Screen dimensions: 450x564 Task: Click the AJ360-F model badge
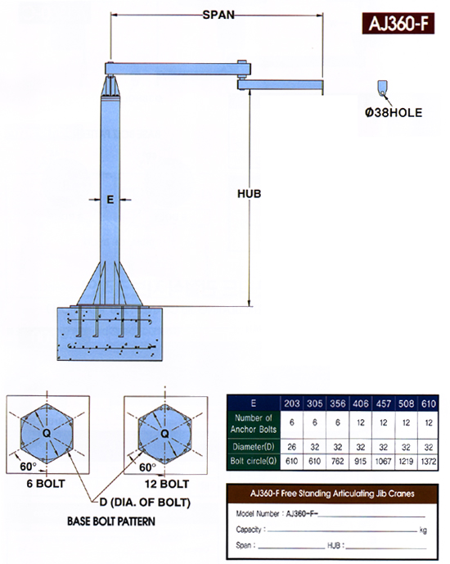[x=398, y=24]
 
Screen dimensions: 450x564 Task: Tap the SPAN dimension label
[x=218, y=15]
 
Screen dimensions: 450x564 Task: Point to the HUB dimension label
[x=249, y=193]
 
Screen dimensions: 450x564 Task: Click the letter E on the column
[x=110, y=199]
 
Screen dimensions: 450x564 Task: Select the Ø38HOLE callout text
[x=394, y=113]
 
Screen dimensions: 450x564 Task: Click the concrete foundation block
[x=110, y=334]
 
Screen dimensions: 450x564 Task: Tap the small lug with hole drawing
[x=382, y=88]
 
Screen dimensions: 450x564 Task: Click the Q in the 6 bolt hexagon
[x=47, y=433]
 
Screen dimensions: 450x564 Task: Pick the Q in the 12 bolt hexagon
[x=164, y=433]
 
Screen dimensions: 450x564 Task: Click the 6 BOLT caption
[x=46, y=484]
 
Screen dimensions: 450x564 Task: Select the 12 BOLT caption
[x=167, y=484]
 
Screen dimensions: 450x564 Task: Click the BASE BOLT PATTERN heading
[x=111, y=521]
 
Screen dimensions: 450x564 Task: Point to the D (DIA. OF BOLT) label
[x=145, y=502]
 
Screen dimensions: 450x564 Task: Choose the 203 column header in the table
[x=292, y=404]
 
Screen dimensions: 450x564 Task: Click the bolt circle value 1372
[x=429, y=461]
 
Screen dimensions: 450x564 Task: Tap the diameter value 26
[x=292, y=447]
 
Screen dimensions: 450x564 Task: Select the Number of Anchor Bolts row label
[x=254, y=423]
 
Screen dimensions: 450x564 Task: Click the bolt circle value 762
[x=337, y=461]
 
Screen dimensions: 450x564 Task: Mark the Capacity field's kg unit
[x=423, y=530]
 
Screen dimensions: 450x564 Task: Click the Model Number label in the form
[x=258, y=513]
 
